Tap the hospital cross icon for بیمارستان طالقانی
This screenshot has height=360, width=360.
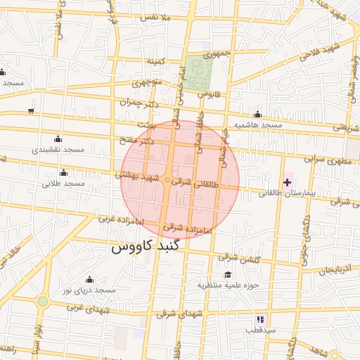pos(287,183)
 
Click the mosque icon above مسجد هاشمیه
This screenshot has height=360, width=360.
pos(258,115)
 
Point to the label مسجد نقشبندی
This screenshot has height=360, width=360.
pos(58,150)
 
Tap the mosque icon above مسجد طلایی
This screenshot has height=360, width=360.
pos(64,173)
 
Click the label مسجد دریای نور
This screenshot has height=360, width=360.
pos(89,290)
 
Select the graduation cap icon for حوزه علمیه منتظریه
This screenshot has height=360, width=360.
pos(227,274)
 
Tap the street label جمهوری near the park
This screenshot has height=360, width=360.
pos(217,54)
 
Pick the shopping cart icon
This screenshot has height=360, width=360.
pos(31,110)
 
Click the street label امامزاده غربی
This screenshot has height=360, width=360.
pos(120,220)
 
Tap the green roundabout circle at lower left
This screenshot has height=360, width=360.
pos(43,302)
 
